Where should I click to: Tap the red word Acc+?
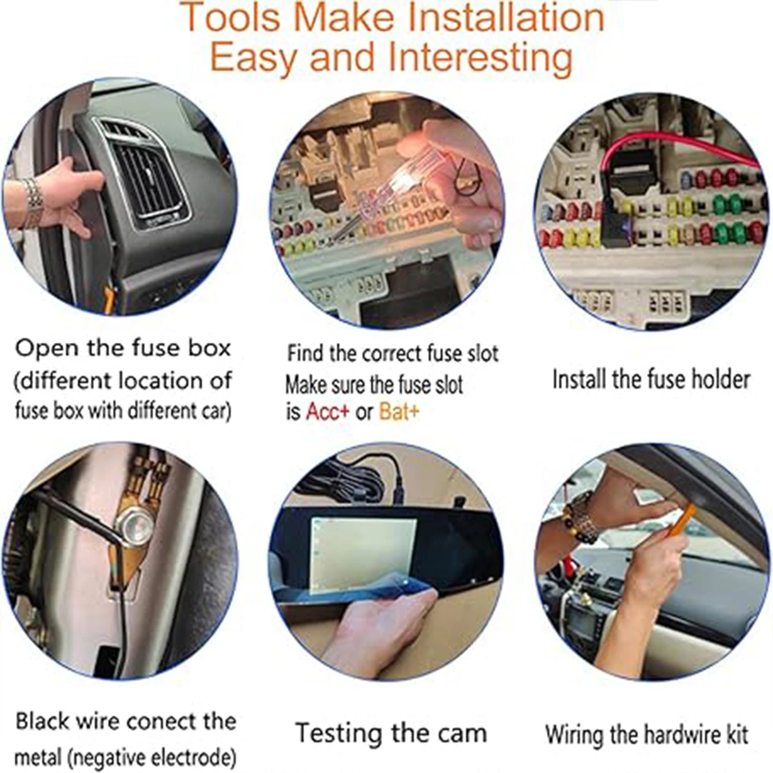(327, 412)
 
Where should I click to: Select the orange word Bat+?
(399, 412)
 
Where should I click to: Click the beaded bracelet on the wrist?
(580, 515)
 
